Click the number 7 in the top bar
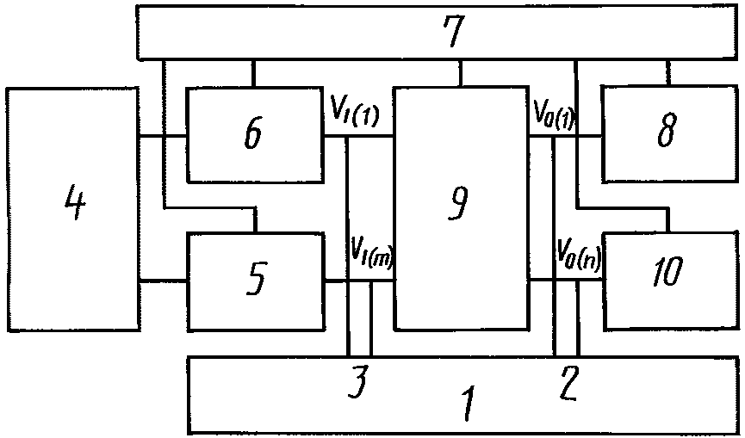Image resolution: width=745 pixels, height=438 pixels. [x=453, y=31]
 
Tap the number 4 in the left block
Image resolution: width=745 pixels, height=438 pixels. [x=75, y=203]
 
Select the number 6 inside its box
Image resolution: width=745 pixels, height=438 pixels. [x=253, y=134]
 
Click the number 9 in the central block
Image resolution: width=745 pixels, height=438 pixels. [x=458, y=203]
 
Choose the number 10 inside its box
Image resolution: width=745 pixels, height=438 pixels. [x=668, y=271]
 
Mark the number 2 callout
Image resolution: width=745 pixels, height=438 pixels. [x=568, y=382]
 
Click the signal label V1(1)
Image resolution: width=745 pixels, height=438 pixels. [x=355, y=113]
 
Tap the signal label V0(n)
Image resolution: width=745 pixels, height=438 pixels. [x=579, y=251]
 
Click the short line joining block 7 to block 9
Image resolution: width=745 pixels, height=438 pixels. [x=461, y=73]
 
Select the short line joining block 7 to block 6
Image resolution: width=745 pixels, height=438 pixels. [x=253, y=73]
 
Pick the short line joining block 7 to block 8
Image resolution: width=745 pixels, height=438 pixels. [x=668, y=73]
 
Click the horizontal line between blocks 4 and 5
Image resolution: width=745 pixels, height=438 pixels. [x=163, y=281]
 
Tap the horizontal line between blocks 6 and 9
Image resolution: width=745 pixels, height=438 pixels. [x=358, y=136]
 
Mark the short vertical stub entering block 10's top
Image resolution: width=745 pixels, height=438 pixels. [x=668, y=220]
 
